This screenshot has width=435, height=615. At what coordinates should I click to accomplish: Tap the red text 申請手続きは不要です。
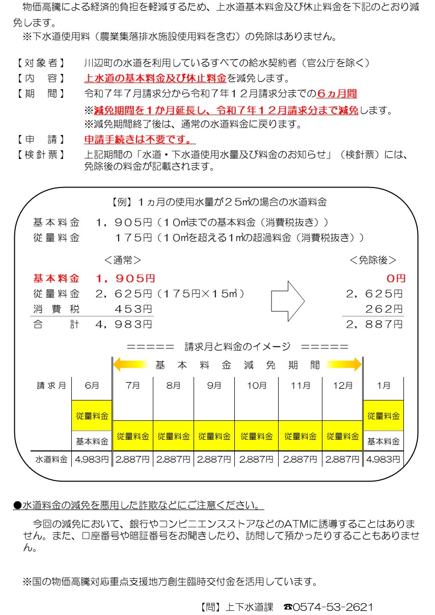(x=140, y=139)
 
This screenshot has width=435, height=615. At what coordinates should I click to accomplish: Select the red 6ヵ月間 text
(x=337, y=94)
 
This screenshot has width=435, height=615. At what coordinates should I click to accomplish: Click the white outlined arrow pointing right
(x=287, y=302)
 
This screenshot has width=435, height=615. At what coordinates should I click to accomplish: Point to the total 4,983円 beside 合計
(x=124, y=324)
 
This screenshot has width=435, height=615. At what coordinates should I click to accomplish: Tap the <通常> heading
(x=123, y=260)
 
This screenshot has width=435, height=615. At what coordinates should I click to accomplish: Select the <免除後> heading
(x=373, y=260)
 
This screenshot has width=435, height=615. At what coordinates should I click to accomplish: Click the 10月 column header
(x=256, y=386)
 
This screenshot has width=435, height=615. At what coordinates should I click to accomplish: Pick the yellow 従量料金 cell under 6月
(x=92, y=416)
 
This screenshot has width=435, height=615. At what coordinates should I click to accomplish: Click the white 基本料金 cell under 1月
(x=383, y=441)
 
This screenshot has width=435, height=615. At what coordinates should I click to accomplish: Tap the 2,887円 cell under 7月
(x=132, y=459)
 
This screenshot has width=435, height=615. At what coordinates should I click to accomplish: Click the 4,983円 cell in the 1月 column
(x=383, y=459)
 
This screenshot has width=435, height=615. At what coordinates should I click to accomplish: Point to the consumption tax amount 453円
(x=134, y=309)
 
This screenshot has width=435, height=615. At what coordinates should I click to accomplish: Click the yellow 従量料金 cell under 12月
(x=342, y=436)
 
